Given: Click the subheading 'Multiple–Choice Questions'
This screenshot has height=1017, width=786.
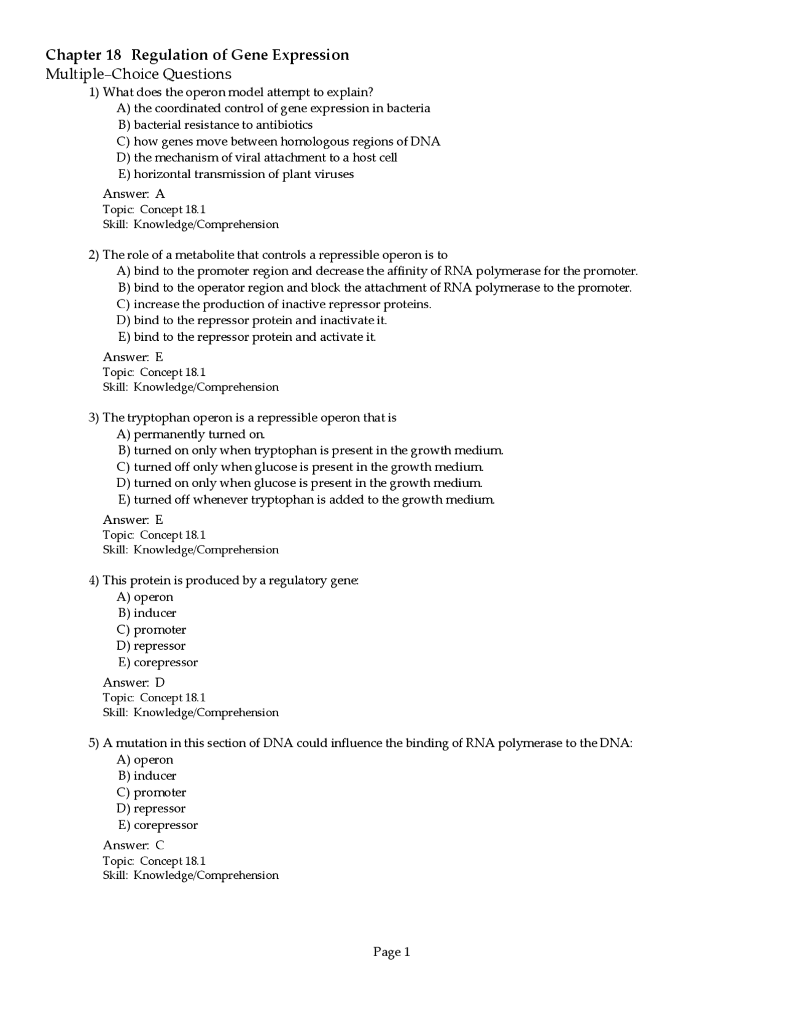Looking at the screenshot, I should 138,74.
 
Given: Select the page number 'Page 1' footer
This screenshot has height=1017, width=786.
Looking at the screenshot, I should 391,952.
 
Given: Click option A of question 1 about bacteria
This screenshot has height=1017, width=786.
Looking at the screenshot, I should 273,109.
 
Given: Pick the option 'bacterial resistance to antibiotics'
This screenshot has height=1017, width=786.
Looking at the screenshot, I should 216,125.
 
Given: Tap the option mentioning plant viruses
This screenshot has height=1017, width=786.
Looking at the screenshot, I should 236,174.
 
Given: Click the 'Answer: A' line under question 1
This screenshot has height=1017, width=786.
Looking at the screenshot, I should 133,194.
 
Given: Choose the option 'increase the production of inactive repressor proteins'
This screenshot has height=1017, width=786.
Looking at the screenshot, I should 274,304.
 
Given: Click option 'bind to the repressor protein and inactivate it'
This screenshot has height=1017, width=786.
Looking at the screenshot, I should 252,321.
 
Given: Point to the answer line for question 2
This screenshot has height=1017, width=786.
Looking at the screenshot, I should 133,357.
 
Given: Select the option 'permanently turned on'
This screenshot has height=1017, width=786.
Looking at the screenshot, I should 191,434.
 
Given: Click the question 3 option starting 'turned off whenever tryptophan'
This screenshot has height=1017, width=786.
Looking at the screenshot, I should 306,499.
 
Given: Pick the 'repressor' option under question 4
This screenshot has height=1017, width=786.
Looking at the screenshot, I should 151,645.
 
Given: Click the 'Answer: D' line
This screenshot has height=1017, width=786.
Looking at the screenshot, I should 133,682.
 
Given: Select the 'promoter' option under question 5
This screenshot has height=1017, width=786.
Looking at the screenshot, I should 152,792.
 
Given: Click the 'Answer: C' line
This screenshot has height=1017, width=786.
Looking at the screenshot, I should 133,845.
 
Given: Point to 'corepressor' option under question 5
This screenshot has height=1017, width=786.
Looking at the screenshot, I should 158,825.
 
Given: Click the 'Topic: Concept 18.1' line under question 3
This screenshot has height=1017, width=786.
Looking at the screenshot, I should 154,535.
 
